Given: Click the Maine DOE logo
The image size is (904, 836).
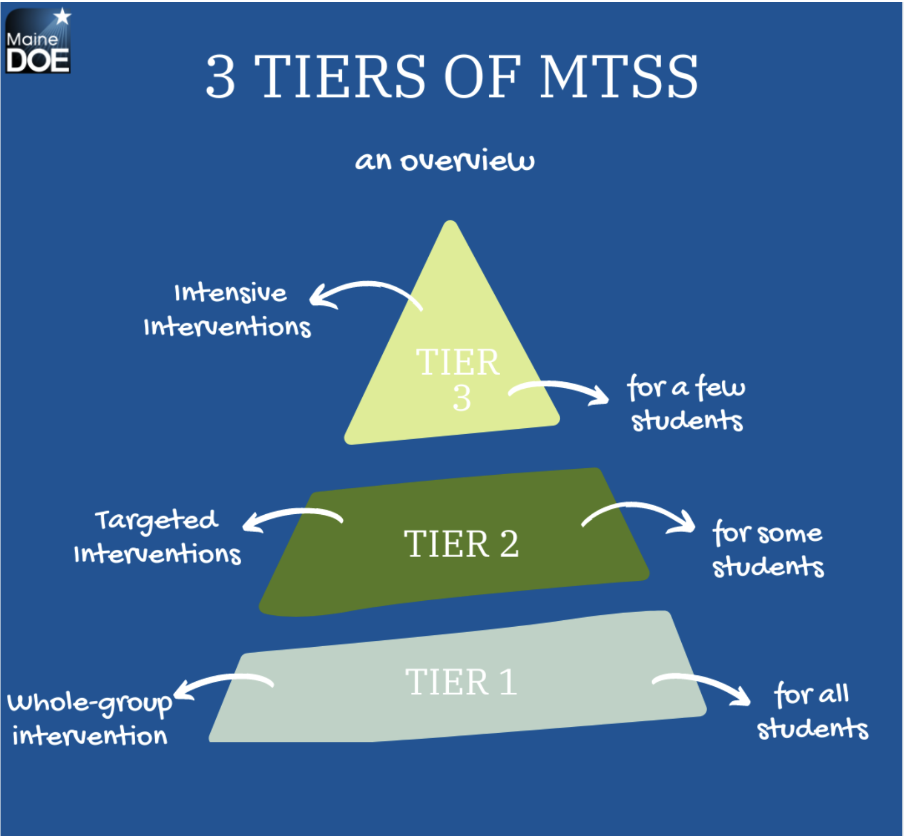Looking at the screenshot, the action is (38, 41).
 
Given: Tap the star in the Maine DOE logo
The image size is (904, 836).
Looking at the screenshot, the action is (63, 16).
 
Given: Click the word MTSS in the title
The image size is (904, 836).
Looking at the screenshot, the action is (619, 77).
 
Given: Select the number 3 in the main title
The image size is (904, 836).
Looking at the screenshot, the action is (221, 77).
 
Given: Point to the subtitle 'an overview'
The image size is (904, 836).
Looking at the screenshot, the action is (445, 161).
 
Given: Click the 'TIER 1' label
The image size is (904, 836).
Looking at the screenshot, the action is (461, 681).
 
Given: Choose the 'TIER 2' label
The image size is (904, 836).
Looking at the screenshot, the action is (461, 543).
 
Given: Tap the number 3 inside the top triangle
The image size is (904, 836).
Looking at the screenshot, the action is (461, 398).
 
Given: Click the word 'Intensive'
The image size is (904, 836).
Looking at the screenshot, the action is (230, 293).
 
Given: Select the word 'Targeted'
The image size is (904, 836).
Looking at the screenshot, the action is (157, 521).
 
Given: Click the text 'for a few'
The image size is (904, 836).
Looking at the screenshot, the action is (686, 387).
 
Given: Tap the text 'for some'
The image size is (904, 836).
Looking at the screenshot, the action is (767, 532).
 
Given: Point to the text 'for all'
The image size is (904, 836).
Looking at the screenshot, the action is (812, 694).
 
